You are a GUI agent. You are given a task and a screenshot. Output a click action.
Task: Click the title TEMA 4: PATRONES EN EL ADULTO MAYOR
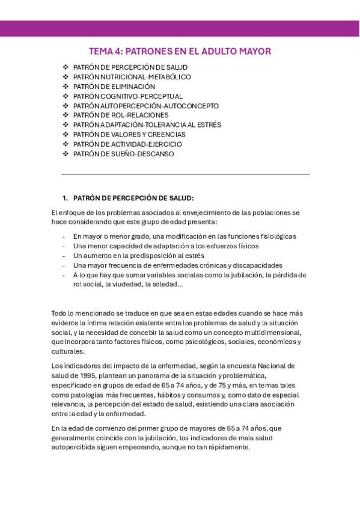click(180, 51)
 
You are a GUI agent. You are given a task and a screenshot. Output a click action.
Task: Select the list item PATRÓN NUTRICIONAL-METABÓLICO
click(132, 77)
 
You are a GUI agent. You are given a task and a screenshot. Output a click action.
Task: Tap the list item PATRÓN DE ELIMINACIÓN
click(114, 87)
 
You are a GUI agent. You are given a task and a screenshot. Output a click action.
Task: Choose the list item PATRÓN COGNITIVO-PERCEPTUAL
click(127, 96)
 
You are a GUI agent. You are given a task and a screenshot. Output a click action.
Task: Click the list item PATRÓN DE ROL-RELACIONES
click(121, 115)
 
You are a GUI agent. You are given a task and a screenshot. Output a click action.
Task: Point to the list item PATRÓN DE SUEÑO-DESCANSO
click(123, 154)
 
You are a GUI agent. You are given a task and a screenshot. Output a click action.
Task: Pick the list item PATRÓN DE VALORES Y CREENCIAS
click(129, 135)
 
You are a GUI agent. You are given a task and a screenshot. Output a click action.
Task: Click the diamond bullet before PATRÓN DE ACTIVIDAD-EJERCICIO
click(66, 144)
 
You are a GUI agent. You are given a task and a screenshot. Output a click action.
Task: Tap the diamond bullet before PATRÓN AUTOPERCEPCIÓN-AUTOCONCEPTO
click(66, 106)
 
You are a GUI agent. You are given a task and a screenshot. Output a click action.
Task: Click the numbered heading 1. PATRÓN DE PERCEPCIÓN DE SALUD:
click(129, 198)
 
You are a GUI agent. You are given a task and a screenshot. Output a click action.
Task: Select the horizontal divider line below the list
click(186, 174)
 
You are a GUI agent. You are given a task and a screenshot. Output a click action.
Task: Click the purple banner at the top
click(180, 29)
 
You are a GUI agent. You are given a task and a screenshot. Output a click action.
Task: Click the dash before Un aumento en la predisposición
click(64, 256)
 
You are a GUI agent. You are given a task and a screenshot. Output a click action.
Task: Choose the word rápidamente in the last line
click(228, 447)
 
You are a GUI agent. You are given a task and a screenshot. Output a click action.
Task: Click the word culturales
click(68, 351)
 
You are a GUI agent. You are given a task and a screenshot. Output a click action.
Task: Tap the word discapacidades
click(254, 265)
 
